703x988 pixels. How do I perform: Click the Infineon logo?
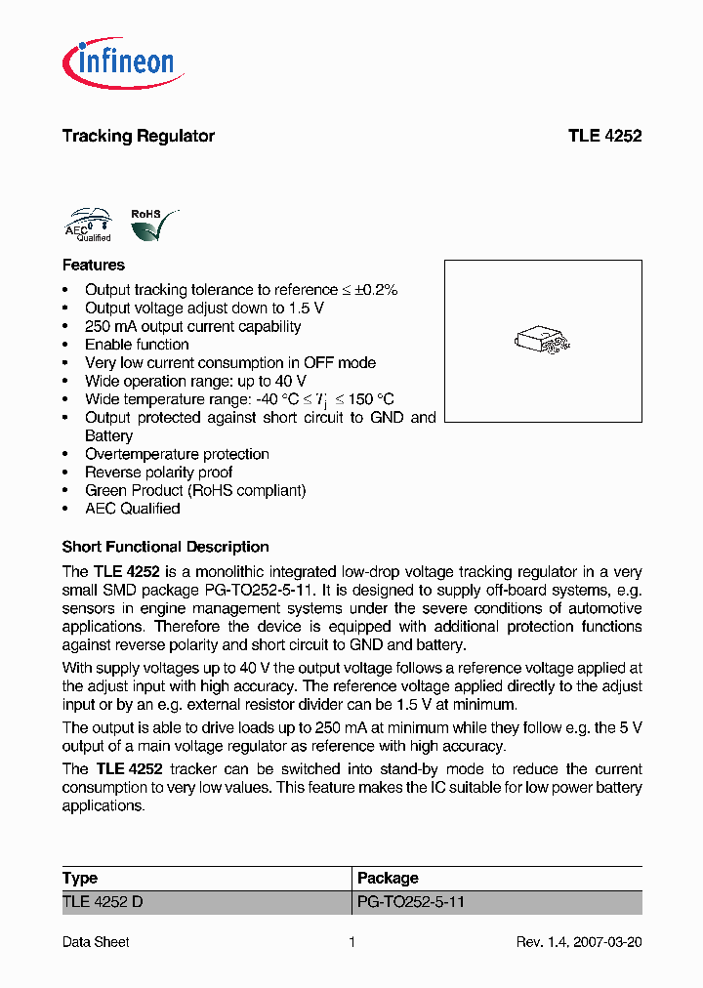(121, 62)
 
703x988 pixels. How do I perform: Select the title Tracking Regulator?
(138, 136)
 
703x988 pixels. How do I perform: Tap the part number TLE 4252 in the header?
(604, 136)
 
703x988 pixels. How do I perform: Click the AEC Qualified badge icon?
(88, 224)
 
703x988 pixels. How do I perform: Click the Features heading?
(93, 265)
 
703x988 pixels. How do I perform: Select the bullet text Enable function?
(137, 345)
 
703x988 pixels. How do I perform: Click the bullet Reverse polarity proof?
(158, 473)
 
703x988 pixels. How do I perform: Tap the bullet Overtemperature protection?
(177, 454)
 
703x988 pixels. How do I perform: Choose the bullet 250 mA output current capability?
(192, 326)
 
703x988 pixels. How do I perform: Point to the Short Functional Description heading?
(165, 547)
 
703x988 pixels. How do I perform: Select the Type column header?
(80, 878)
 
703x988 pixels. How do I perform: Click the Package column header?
(388, 878)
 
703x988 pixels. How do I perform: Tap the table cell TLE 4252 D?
(103, 902)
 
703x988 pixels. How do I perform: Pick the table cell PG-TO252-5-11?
(411, 902)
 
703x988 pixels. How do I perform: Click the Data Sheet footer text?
(96, 942)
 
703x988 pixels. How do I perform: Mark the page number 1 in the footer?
(351, 942)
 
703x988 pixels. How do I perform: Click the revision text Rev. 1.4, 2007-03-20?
(578, 942)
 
